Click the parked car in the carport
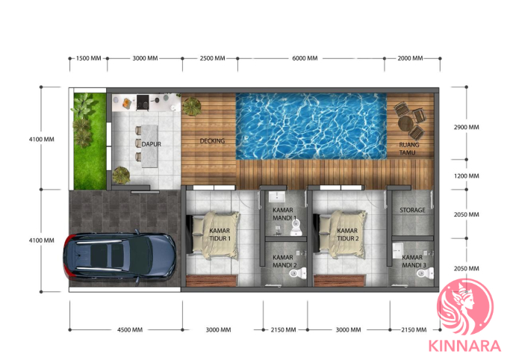[119, 255]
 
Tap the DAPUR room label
[152, 144]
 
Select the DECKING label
[212, 141]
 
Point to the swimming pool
[311, 126]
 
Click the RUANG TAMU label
[409, 149]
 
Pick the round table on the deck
[405, 123]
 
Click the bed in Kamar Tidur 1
[214, 235]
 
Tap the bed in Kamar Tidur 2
[340, 235]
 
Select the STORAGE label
[412, 210]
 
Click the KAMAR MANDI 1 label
[284, 214]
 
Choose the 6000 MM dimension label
[305, 58]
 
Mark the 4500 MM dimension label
[130, 330]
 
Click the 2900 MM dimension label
[467, 127]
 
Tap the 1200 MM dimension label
[467, 176]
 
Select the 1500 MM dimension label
[88, 58]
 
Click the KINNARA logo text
[464, 346]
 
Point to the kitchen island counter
[149, 146]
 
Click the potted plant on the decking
[192, 106]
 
